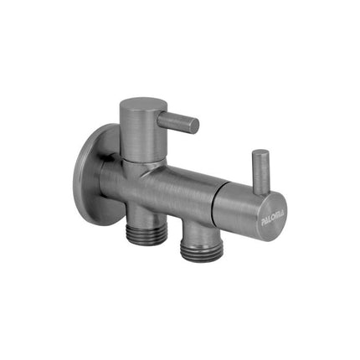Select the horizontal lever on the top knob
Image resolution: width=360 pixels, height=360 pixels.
pos(177,121)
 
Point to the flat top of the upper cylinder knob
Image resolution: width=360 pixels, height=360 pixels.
pos(137,106)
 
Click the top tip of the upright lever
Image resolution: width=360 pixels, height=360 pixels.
pos(261,155)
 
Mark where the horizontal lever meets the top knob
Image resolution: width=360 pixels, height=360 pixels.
pos(158,117)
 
